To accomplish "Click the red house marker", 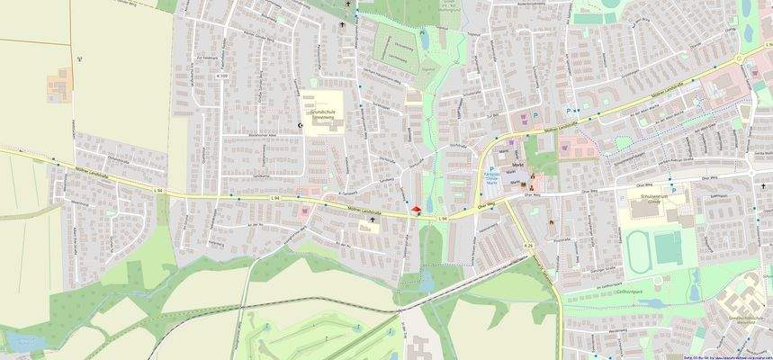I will click(416, 211).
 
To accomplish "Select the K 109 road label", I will click(221, 76).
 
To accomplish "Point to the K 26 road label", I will click(528, 245).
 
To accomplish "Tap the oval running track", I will click(641, 247).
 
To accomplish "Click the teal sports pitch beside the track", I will click(668, 247).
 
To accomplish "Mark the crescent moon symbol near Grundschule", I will click(301, 124).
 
